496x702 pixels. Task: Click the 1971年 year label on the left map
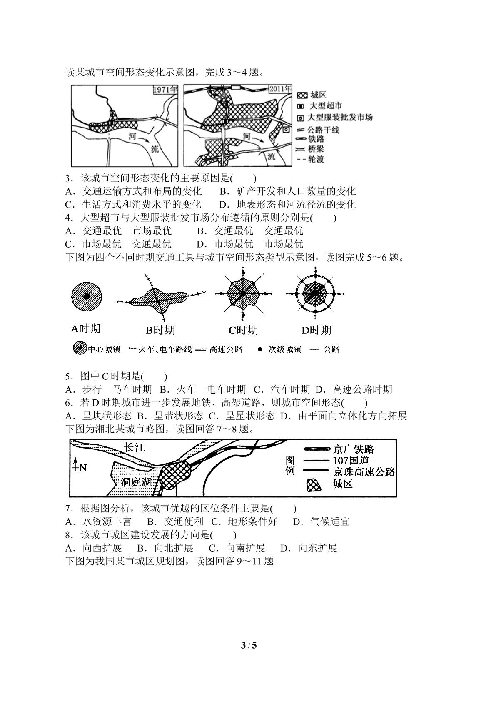click(x=165, y=90)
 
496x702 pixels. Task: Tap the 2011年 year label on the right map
click(x=280, y=89)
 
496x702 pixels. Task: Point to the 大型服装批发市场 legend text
click(x=340, y=118)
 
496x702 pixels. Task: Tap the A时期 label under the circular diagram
click(x=85, y=329)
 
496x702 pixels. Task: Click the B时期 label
click(x=160, y=330)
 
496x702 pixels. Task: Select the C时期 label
click(x=243, y=330)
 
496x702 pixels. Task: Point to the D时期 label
click(x=316, y=330)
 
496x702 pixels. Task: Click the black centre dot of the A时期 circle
click(x=87, y=296)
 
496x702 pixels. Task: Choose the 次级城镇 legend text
click(x=285, y=349)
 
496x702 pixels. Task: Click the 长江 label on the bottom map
click(x=135, y=447)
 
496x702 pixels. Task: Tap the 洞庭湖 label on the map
click(x=136, y=482)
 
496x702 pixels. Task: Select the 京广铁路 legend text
click(x=354, y=449)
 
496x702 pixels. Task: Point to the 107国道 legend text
click(x=351, y=460)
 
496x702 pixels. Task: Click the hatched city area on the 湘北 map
click(x=174, y=475)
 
